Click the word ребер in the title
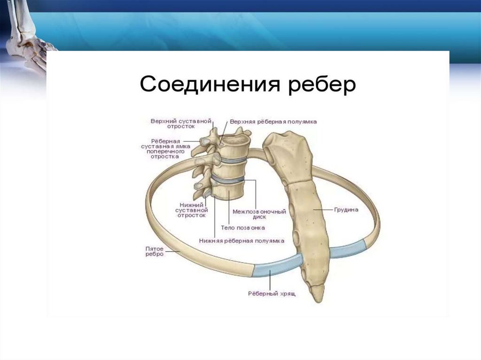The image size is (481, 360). coord(321,86)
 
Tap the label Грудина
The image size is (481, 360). coord(347,210)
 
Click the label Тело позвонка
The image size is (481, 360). coord(243,228)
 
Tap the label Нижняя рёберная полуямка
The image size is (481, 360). coord(241,240)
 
